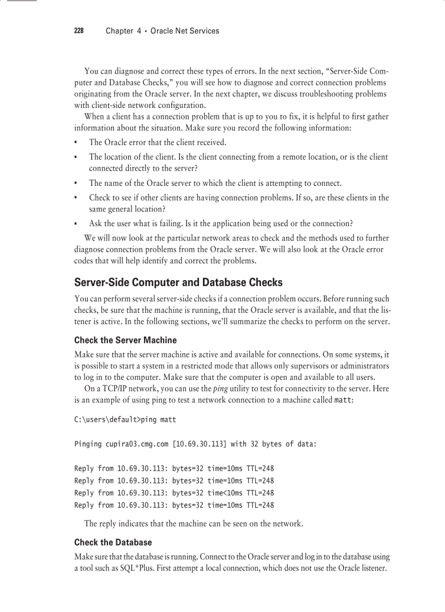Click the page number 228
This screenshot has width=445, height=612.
coord(79,31)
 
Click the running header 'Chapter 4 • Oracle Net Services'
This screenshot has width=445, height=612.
coord(162,31)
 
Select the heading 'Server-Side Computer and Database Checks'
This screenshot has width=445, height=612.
coord(178,282)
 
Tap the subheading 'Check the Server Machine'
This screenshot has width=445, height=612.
coord(125,340)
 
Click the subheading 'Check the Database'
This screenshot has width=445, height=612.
coord(113,542)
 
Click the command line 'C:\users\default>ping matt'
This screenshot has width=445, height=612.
coord(125,420)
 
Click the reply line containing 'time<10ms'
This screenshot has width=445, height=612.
coord(174,493)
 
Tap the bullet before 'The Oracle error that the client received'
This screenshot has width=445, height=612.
coord(76,143)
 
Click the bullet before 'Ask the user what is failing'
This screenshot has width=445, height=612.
coord(76,224)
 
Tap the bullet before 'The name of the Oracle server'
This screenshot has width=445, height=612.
coord(76,184)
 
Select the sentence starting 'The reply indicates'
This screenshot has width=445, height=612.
coord(193,524)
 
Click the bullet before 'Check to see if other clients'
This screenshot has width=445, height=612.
coord(76,198)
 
